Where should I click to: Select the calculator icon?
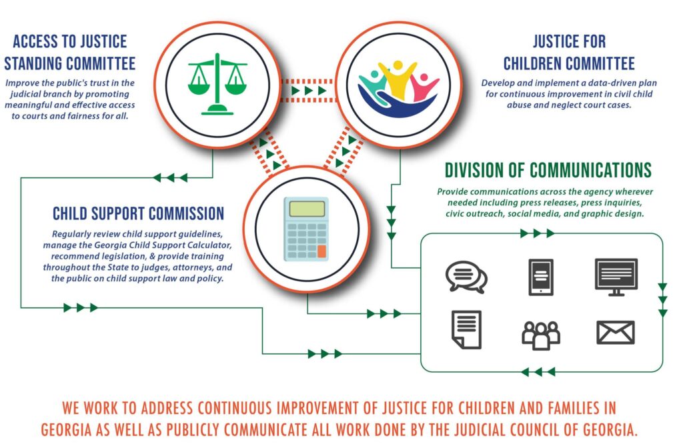click(x=306, y=229)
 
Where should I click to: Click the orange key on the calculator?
click(x=322, y=251)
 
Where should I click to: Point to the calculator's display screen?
click(x=306, y=208)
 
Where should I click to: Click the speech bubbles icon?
click(x=466, y=276)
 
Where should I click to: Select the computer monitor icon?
click(x=616, y=276)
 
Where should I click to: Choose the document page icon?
click(x=466, y=329)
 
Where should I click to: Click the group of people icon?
click(x=540, y=333)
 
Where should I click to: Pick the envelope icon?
click(x=616, y=332)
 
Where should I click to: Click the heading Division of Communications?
click(x=548, y=170)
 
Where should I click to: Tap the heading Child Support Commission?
click(x=138, y=214)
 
